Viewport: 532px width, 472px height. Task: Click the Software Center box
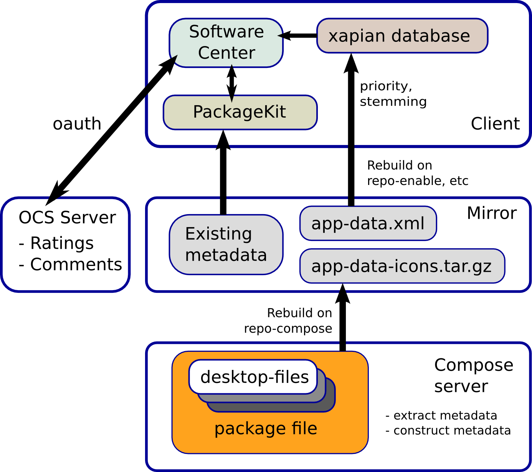(226, 43)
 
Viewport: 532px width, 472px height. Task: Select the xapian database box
(402, 36)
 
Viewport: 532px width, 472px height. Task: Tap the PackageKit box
(240, 112)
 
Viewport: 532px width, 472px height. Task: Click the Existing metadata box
(226, 245)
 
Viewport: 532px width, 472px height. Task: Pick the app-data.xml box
(368, 223)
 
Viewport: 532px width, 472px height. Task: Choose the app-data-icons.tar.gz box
(402, 266)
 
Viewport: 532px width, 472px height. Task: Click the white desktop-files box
(253, 377)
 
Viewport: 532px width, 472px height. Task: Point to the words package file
(266, 429)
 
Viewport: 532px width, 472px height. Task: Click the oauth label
(77, 124)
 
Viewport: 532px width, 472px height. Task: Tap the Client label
(495, 124)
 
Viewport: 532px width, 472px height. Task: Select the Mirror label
(492, 213)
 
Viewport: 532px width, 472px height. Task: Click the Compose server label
(473, 375)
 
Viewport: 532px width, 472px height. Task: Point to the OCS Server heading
(67, 217)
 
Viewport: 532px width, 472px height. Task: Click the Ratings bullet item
(56, 243)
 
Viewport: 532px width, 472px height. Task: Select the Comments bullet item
(70, 264)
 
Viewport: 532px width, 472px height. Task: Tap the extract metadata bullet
(441, 416)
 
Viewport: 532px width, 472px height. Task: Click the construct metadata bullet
(448, 431)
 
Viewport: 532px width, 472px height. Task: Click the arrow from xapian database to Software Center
(297, 36)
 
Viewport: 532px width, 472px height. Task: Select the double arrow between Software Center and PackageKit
(231, 83)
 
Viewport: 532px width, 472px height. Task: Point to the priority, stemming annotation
(393, 94)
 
